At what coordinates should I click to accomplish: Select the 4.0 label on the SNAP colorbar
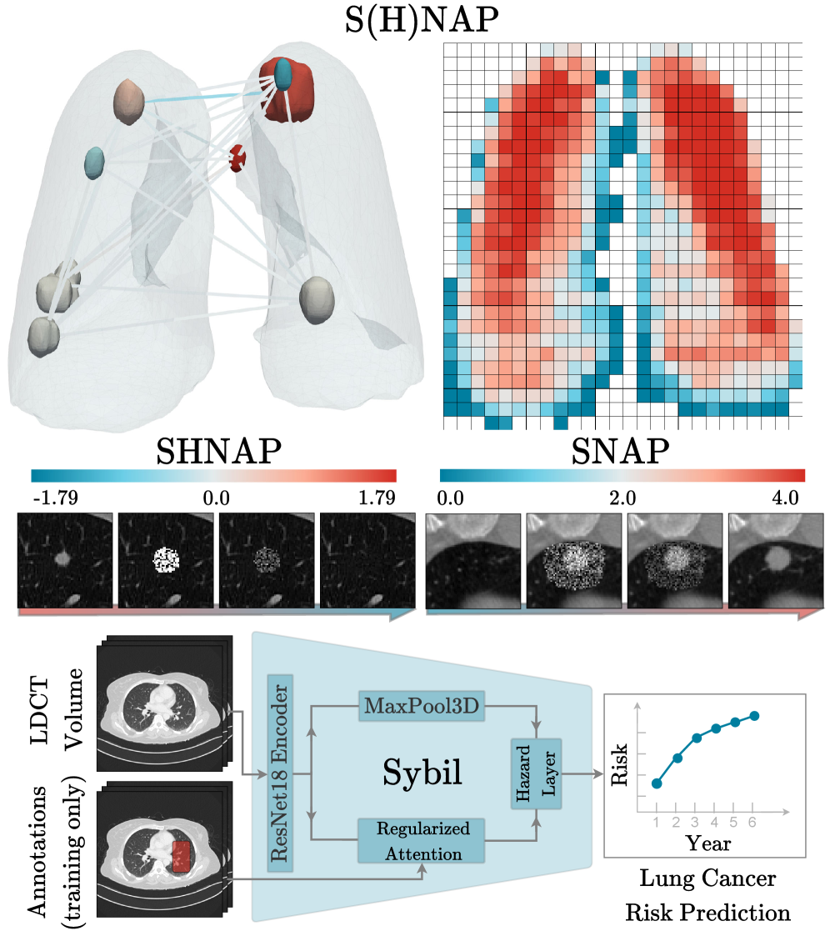point(783,498)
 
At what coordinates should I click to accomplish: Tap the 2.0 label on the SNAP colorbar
point(622,498)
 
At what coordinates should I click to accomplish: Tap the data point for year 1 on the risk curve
point(657,783)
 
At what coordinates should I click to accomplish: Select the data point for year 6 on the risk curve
point(754,716)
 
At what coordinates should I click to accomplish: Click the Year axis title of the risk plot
point(707,843)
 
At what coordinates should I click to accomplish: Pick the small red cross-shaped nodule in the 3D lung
point(239,157)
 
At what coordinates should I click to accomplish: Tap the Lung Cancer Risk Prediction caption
point(707,895)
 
